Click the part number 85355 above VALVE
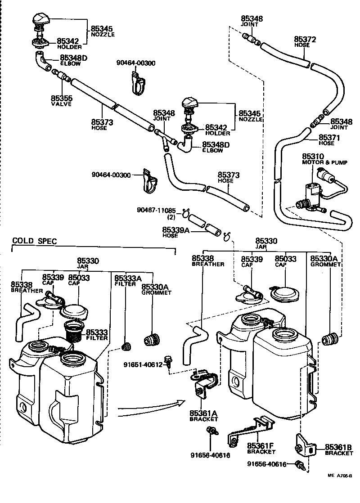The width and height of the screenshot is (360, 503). (61, 98)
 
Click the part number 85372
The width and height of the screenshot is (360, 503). (305, 40)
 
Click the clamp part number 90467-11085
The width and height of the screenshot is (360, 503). (157, 211)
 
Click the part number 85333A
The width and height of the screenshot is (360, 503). (128, 278)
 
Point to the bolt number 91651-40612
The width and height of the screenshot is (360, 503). (145, 365)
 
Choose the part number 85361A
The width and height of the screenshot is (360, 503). (203, 413)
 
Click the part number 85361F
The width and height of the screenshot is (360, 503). (261, 445)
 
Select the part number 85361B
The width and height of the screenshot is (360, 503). (338, 447)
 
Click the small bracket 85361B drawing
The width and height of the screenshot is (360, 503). (305, 445)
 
